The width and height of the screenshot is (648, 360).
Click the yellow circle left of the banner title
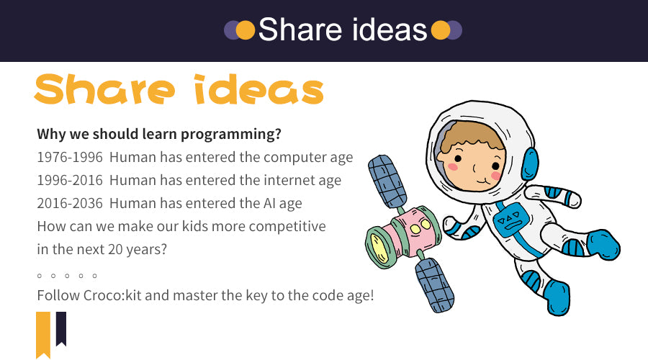point(246,30)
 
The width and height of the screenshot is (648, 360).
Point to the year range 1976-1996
point(69,158)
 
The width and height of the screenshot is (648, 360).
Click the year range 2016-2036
point(69,204)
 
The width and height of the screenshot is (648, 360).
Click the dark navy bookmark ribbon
point(61,328)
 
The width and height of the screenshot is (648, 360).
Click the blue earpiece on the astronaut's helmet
point(530,164)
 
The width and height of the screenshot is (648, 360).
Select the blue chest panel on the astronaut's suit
point(510,220)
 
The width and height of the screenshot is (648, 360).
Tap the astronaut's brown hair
point(473,135)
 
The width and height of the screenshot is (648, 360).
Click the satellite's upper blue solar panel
point(387,182)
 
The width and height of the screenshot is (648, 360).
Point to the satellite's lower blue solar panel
point(435,285)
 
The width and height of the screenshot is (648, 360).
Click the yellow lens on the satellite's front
point(379,248)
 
